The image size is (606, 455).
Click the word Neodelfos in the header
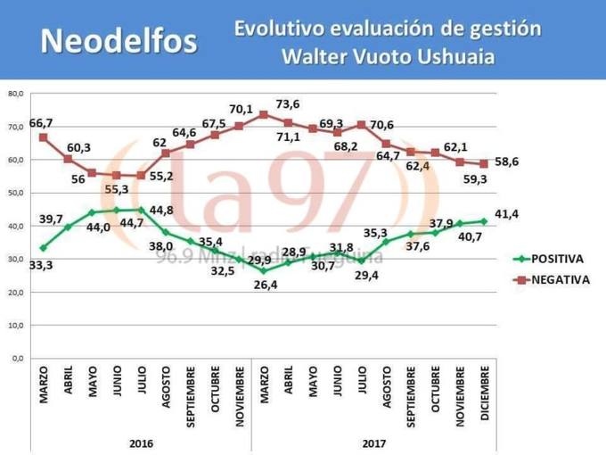pos(119,41)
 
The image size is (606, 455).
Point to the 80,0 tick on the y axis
pos(15,93)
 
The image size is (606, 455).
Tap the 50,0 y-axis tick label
pos(15,193)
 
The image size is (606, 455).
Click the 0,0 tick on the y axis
pos(17,359)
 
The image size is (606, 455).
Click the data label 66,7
pos(41,121)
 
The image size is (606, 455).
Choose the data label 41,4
pos(506,215)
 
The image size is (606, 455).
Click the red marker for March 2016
pos(43,137)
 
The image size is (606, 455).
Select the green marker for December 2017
pos(483,221)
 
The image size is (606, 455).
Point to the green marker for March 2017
pos(263,270)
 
